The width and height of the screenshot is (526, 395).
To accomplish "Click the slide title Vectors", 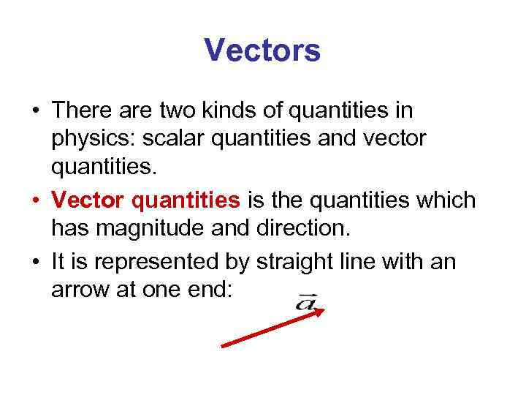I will [262, 51].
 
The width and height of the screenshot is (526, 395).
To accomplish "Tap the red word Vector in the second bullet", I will [91, 200].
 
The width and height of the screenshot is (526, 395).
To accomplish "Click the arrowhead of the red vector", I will [319, 312].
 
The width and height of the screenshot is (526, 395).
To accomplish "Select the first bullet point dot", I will [35, 111].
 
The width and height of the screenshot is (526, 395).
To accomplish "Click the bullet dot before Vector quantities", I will [35, 200].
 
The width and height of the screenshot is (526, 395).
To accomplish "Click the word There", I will [81, 111].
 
